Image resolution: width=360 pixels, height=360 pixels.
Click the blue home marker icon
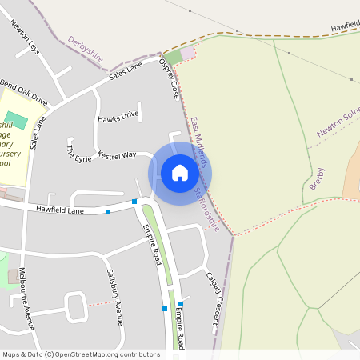tap(180, 173)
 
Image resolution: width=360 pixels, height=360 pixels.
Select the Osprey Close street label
tap(169, 78)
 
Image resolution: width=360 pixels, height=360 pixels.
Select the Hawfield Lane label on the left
tap(60, 209)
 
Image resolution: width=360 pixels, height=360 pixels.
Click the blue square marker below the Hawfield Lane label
tap(108, 212)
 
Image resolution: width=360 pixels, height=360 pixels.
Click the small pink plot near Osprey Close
tap(188, 54)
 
